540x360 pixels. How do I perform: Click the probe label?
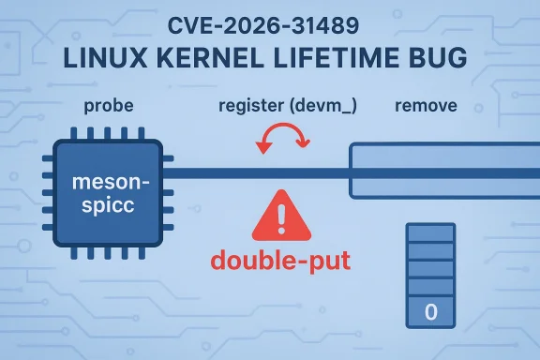coord(110,105)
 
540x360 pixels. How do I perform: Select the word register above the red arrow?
coord(251,105)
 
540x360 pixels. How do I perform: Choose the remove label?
coord(427,105)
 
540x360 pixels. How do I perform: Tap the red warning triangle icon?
coord(282,217)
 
